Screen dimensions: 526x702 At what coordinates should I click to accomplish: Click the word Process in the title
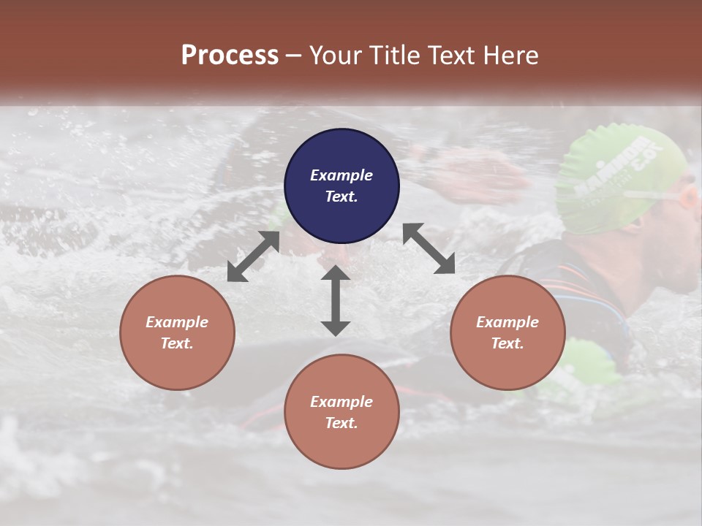(x=230, y=55)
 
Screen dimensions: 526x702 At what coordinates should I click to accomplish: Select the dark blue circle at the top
(x=341, y=186)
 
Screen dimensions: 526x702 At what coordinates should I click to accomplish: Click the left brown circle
(x=177, y=332)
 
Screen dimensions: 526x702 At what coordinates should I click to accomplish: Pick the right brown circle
(x=507, y=332)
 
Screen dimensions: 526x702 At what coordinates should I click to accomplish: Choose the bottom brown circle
(x=341, y=411)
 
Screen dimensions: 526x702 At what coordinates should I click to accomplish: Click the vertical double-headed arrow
(x=336, y=300)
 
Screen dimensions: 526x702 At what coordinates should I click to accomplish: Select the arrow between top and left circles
(x=253, y=256)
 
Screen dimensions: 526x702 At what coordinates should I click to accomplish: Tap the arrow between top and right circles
(x=429, y=248)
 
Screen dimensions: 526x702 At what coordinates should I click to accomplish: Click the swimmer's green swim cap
(x=614, y=172)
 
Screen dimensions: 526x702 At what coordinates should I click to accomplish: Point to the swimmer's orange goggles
(x=688, y=197)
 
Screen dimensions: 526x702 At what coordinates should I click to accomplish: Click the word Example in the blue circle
(x=341, y=175)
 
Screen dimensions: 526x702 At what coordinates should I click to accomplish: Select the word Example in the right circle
(x=507, y=322)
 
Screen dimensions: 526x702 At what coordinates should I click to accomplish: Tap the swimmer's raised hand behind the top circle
(x=468, y=172)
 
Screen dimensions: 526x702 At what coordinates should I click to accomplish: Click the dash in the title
(x=294, y=56)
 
